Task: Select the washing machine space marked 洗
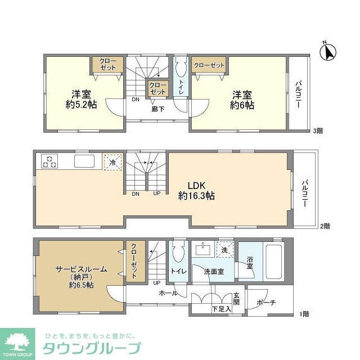224,250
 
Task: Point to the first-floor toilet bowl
178,255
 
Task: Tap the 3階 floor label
318,131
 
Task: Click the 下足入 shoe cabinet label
221,309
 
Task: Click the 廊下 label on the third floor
157,109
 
